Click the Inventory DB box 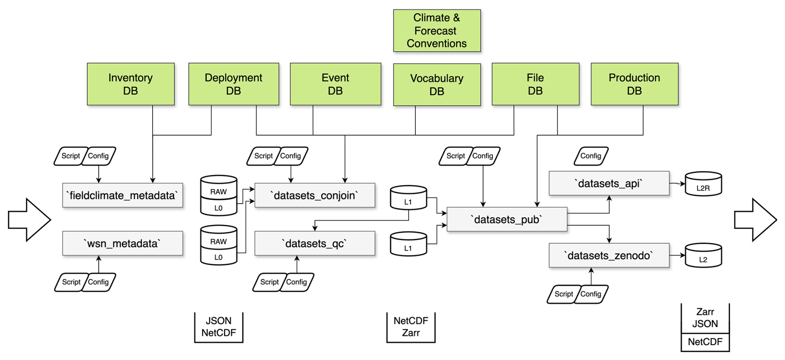pos(131,84)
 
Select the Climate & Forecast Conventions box pos(437,31)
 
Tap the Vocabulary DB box pos(437,85)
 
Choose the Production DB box pos(634,84)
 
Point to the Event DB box pos(335,84)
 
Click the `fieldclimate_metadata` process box pos(122,195)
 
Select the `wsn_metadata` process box pos(122,243)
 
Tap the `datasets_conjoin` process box pos(314,195)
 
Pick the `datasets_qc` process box pos(314,243)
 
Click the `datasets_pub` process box pos(507,219)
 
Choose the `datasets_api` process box pos(609,183)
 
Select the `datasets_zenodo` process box pos(609,255)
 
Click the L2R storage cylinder pos(703,184)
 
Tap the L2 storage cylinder pos(703,256)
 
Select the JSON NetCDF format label pos(219,327)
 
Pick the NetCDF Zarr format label pos(411,327)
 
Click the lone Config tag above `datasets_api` pos(591,156)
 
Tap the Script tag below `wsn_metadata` pos(71,282)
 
